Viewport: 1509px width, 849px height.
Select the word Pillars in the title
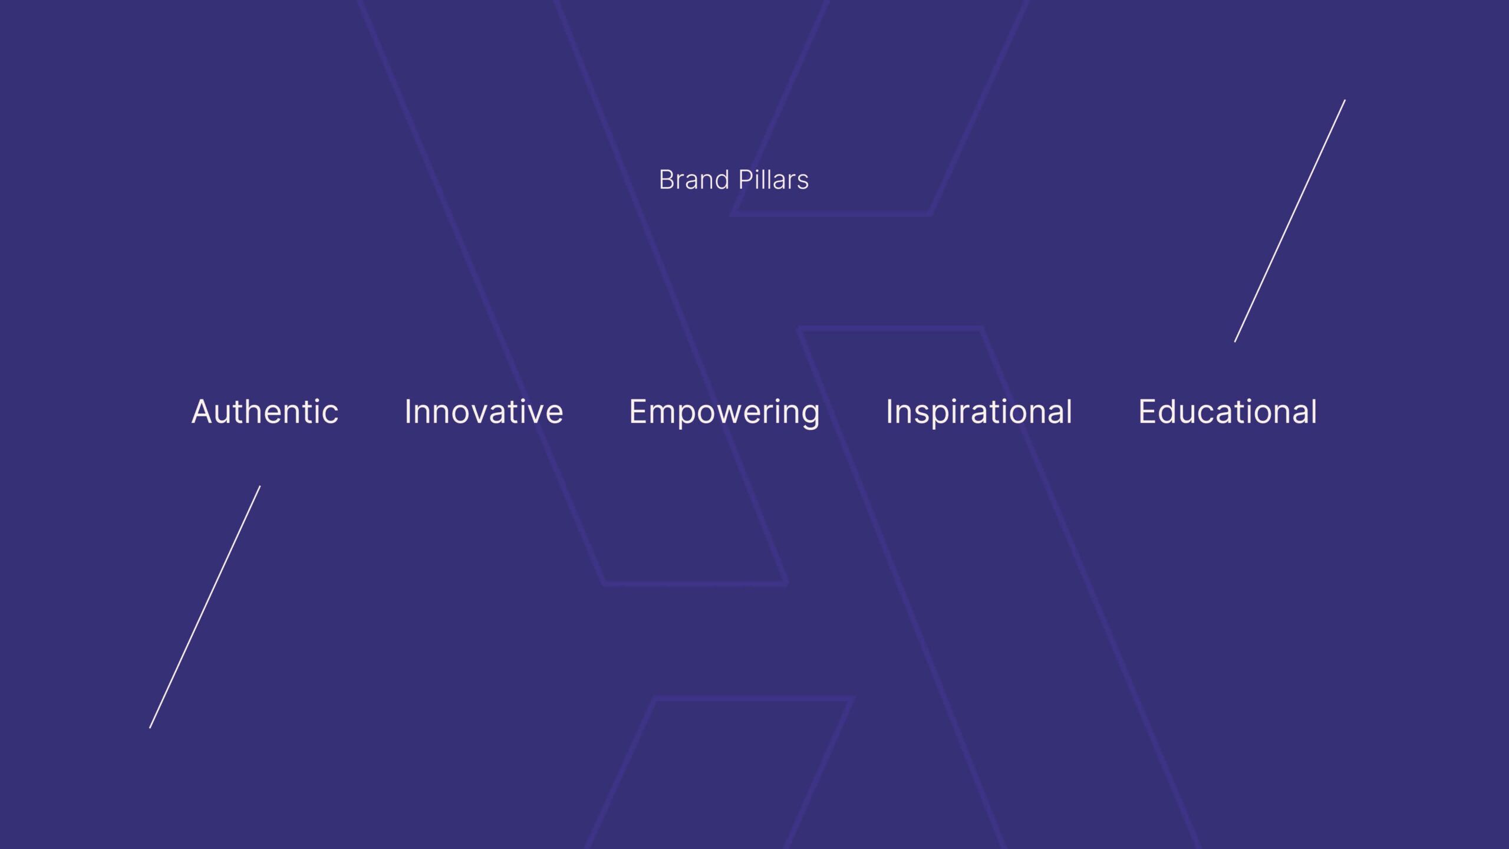(x=773, y=180)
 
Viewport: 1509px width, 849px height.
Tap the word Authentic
(x=265, y=412)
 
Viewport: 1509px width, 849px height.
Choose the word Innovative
(x=484, y=412)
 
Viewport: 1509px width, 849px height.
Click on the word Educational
(x=1228, y=412)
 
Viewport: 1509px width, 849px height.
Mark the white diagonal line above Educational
(x=1290, y=221)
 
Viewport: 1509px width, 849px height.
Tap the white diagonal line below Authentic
(x=205, y=607)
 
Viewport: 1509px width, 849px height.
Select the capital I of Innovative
(x=408, y=412)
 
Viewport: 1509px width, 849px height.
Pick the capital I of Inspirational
(x=889, y=412)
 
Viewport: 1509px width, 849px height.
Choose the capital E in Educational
(x=1148, y=412)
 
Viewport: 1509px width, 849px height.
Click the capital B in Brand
(x=667, y=180)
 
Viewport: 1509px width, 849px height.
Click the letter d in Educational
(x=1173, y=412)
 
